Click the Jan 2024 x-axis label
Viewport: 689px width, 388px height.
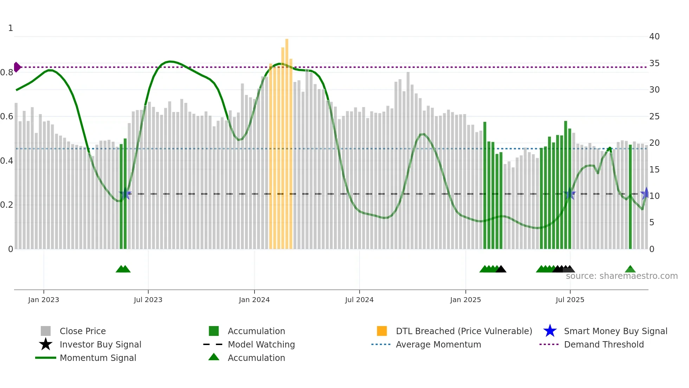[254, 300]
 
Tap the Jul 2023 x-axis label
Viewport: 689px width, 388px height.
[148, 300]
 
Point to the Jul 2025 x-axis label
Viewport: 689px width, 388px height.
[570, 300]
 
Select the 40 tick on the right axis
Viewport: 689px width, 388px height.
[654, 36]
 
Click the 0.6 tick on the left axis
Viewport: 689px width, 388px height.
[7, 117]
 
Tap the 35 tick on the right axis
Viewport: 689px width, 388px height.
[654, 63]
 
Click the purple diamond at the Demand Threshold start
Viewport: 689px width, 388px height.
[17, 67]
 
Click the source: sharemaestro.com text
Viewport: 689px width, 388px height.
[622, 276]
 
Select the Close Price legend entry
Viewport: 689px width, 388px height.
[82, 331]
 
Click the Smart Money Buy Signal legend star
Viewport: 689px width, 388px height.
[550, 331]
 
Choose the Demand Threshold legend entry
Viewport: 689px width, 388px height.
[604, 344]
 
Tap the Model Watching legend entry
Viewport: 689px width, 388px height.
[261, 344]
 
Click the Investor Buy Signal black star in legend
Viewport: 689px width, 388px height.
[46, 344]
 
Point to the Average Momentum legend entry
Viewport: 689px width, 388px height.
[438, 344]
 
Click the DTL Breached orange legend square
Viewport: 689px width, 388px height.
[382, 331]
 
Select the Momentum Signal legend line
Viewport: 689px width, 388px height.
[46, 358]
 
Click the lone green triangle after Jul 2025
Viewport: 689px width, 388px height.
[630, 269]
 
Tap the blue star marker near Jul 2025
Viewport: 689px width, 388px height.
[569, 194]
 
